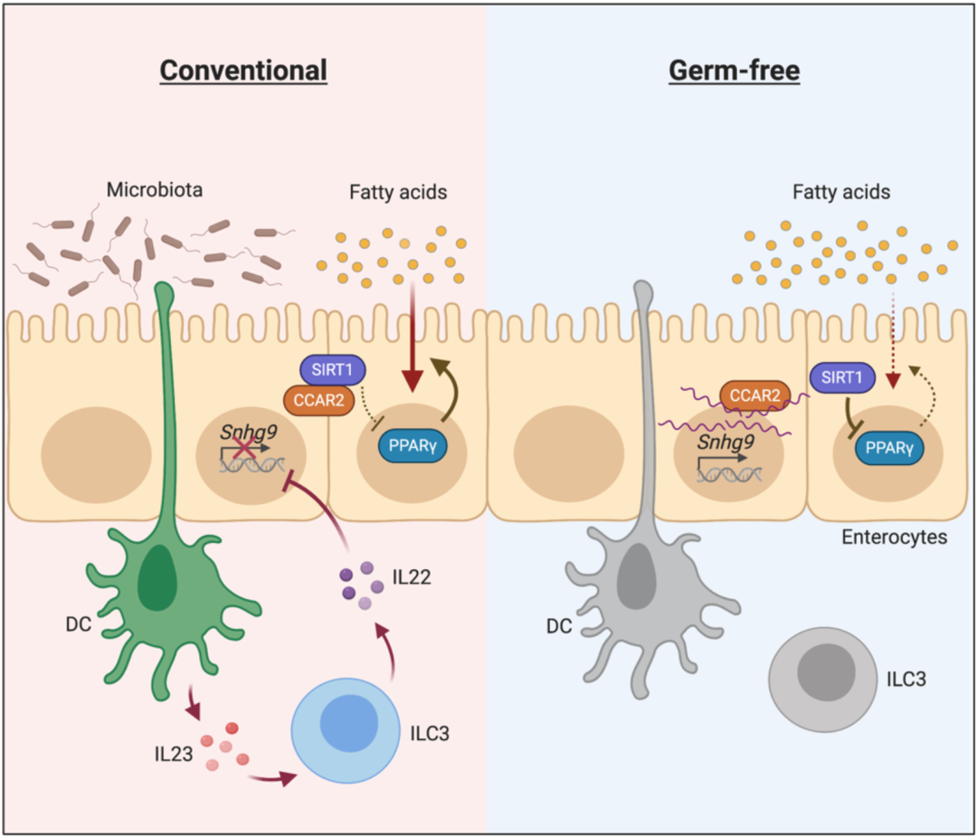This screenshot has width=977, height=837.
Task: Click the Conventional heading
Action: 242,71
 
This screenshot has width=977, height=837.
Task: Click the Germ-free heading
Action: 734,71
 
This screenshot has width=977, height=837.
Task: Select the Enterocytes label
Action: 894,537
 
